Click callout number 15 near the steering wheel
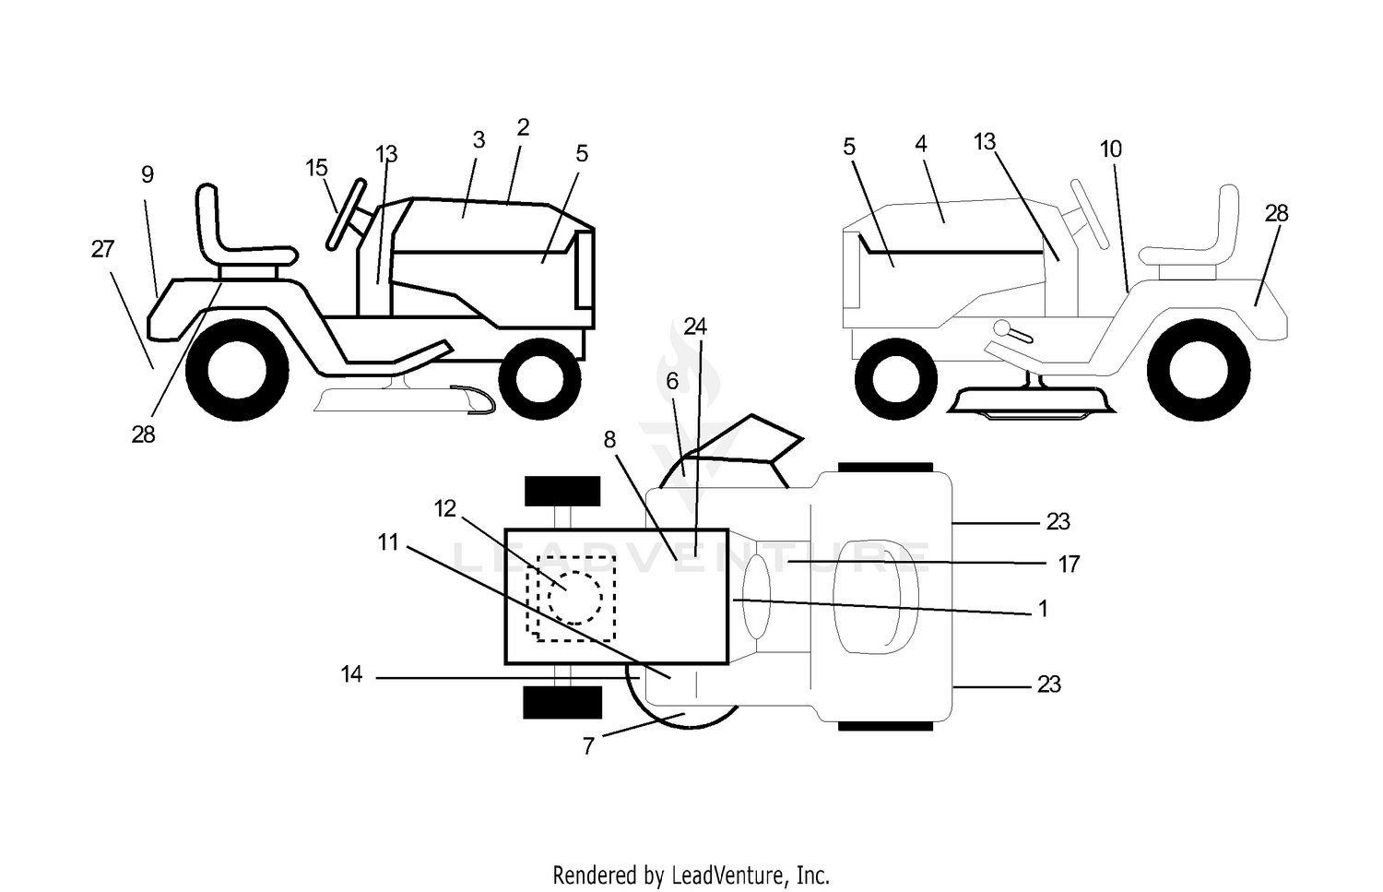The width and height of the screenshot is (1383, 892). coord(316,167)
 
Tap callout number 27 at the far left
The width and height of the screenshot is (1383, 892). coord(102,249)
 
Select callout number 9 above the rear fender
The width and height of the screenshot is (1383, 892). coord(147,175)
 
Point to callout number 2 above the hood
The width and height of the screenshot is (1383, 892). coord(523,127)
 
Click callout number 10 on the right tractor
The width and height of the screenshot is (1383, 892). coord(1111,149)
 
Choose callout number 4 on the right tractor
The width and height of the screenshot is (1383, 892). coord(920,144)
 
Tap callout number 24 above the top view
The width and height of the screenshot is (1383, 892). coord(695,327)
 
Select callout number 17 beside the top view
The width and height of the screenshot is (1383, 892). coord(1069,564)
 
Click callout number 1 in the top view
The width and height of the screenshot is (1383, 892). coord(1043,609)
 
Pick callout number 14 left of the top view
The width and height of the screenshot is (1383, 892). coord(351,674)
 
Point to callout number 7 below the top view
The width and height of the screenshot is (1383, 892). coord(588,746)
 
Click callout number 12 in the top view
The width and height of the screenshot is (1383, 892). coord(444,508)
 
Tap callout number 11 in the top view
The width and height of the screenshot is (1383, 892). coord(388,542)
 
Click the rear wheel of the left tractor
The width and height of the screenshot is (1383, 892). coord(237,371)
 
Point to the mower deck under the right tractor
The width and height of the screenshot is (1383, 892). coord(1031,401)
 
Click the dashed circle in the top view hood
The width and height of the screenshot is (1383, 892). coord(574,598)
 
